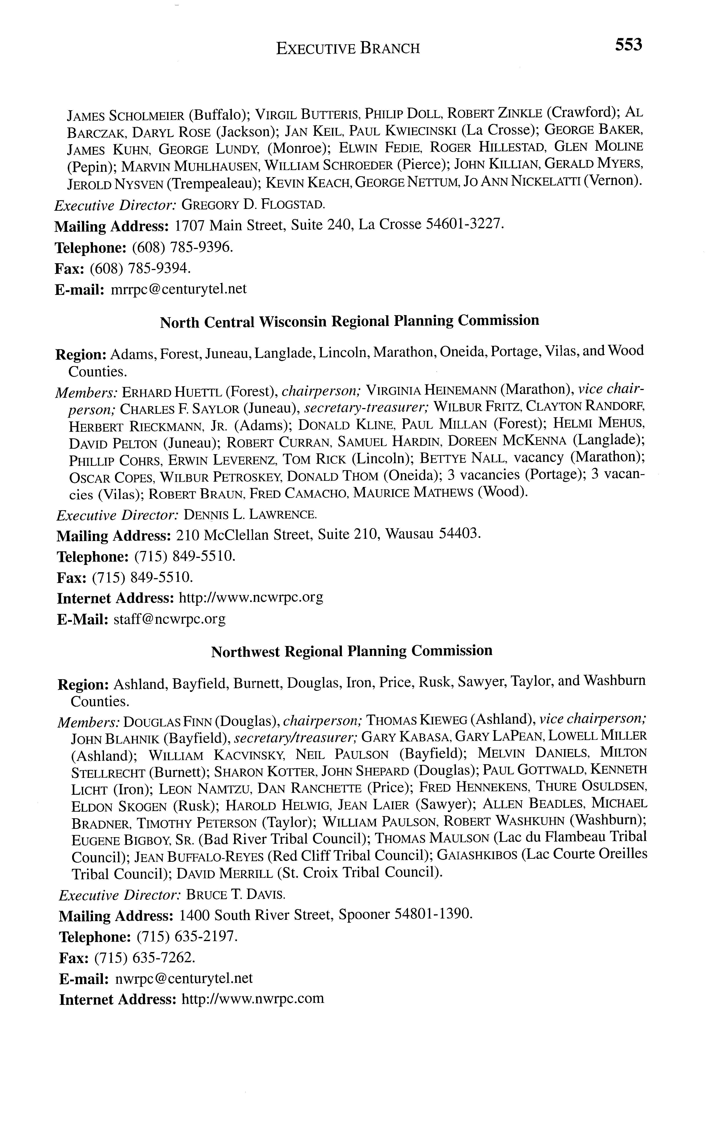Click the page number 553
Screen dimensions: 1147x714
pyautogui.click(x=628, y=45)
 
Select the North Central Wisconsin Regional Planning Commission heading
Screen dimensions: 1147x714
pyautogui.click(x=350, y=321)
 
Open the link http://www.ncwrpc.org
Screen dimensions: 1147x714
pyautogui.click(x=251, y=598)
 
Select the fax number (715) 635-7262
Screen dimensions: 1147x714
pyautogui.click(x=144, y=958)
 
